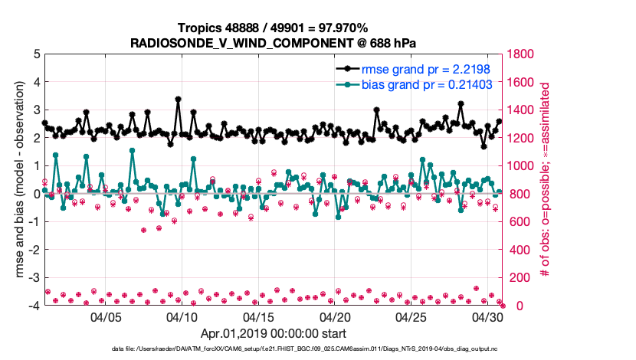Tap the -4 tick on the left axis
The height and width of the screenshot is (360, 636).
coord(34,306)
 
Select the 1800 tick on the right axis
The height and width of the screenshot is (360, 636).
coord(524,55)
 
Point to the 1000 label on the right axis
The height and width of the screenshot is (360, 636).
coord(524,166)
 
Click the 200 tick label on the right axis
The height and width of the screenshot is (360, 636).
coord(521,278)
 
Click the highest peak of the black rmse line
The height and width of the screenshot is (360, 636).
coord(178,100)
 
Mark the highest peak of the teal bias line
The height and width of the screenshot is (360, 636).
coord(132,150)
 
